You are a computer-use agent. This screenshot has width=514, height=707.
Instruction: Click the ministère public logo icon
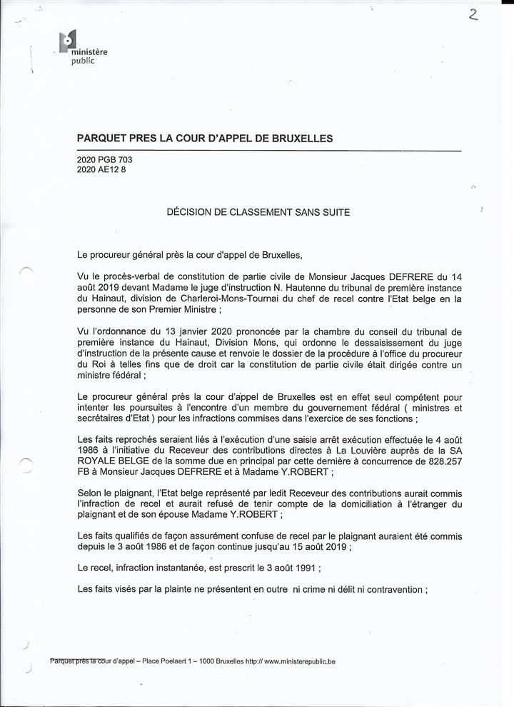pyautogui.click(x=69, y=42)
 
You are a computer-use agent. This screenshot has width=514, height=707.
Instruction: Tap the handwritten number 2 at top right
pyautogui.click(x=473, y=15)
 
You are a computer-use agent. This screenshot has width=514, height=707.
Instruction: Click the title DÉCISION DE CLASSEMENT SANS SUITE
pyautogui.click(x=258, y=211)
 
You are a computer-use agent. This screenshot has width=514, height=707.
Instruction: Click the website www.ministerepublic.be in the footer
pyautogui.click(x=300, y=661)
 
